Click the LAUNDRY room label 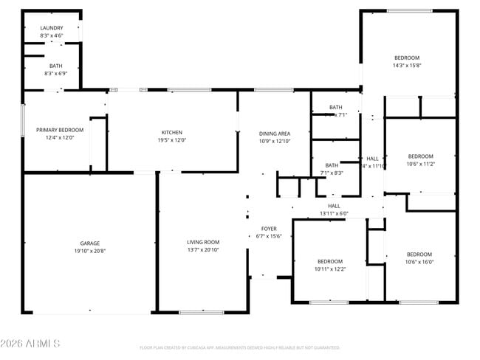pos(51,27)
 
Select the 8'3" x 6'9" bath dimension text pos(51,74)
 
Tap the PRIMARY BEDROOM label pos(60,130)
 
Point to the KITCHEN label pos(172,133)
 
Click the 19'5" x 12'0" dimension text pos(172,141)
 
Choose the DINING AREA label pos(274,133)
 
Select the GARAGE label pos(90,243)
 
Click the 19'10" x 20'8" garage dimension pos(90,251)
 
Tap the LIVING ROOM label pos(202,242)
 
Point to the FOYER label pos(269,229)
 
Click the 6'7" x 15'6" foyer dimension pos(269,236)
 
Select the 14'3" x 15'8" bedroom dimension pos(406,66)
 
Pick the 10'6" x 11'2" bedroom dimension pos(420,164)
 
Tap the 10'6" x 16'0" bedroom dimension pos(419,262)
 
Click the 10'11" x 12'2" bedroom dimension pos(330,269)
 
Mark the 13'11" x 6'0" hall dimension pos(334,213)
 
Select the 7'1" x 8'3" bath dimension pos(332,173)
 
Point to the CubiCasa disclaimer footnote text pos(239,347)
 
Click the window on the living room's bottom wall pos(202,312)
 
